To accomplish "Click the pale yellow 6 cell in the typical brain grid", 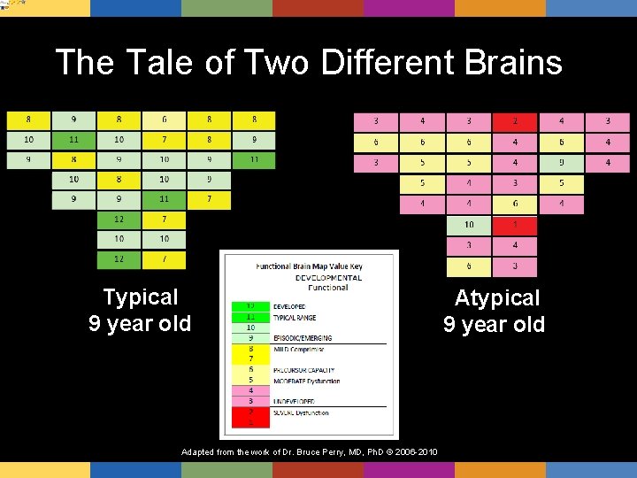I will pos(164,119).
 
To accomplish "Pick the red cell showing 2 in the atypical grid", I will pos(515,120).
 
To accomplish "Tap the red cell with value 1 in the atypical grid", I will pos(515,225).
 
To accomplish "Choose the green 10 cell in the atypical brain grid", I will pos(469,225).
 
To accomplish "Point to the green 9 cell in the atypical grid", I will pos(561,163).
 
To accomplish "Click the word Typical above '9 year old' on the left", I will pos(140,297).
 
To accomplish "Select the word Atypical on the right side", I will pos(496,298).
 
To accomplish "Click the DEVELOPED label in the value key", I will pos(289,306).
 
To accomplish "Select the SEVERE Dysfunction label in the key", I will pos(301,412).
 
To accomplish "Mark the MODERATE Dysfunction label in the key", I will pos(306,381).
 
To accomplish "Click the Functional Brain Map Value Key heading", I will pos(309,266).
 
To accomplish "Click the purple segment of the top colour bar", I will pos(408,8).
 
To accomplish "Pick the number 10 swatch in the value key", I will pos(250,328).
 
